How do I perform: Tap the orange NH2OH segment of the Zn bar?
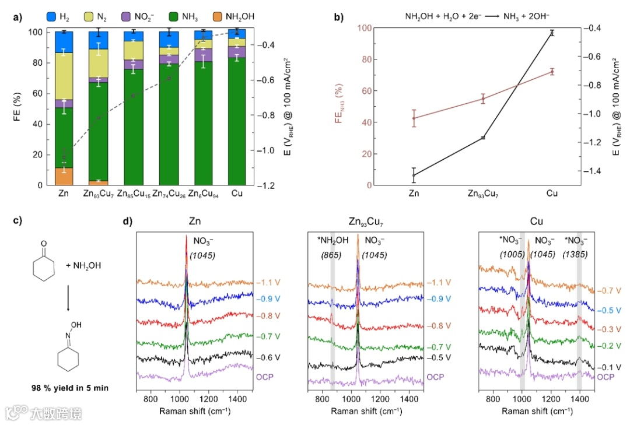click(x=64, y=177)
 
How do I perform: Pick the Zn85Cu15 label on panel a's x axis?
click(x=134, y=194)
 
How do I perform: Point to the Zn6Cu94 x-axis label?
click(x=204, y=194)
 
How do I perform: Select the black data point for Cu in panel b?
click(x=551, y=33)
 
